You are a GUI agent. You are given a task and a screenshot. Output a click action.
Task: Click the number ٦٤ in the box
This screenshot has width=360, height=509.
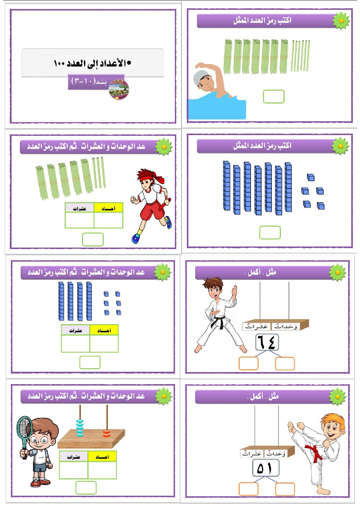(x=267, y=342)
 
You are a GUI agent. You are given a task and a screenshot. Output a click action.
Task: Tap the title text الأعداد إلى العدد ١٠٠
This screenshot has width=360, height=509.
(x=92, y=63)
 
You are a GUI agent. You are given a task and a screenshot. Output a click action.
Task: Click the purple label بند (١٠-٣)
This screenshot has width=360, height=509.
(x=91, y=81)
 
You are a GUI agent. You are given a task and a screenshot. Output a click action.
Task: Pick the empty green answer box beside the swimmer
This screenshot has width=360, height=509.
(x=274, y=96)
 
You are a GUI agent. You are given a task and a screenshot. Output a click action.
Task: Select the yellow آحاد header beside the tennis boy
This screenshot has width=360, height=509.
(x=102, y=456)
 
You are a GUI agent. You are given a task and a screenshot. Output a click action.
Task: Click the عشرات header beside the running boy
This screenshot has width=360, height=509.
(x=79, y=208)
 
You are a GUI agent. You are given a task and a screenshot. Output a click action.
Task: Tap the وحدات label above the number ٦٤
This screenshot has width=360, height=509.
(x=286, y=326)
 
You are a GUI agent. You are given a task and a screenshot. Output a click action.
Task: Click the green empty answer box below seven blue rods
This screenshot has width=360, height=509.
(x=270, y=232)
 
